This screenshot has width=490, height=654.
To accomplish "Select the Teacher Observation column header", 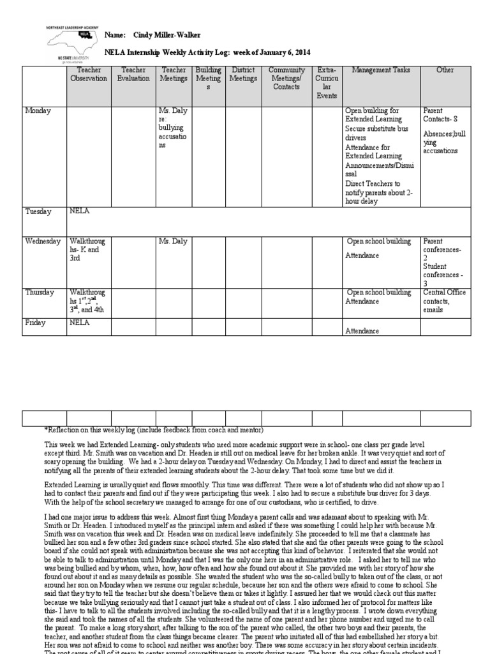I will pos(89,75).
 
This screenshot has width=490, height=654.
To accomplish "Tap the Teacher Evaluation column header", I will pos(134,75).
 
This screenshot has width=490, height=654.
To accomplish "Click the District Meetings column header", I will pos(243,75).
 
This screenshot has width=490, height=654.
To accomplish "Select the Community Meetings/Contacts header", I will pos(286,79).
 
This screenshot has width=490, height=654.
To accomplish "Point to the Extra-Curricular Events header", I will pos(327,83).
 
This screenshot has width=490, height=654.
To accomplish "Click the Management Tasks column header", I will pos(381,70).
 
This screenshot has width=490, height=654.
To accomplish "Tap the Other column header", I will pos(445,70).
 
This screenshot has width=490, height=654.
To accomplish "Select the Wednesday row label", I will pos(43,241).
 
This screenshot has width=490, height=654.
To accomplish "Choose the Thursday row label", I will pos(40,293).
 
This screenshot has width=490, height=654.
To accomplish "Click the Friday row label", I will pos(35,323).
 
